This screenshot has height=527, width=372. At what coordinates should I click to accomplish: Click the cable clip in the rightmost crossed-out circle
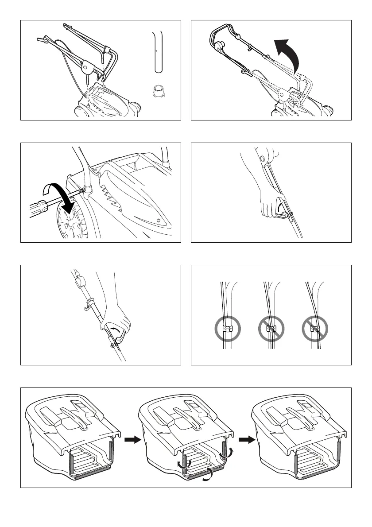(314, 329)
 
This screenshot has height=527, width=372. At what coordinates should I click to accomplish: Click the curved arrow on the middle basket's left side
(182, 462)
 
